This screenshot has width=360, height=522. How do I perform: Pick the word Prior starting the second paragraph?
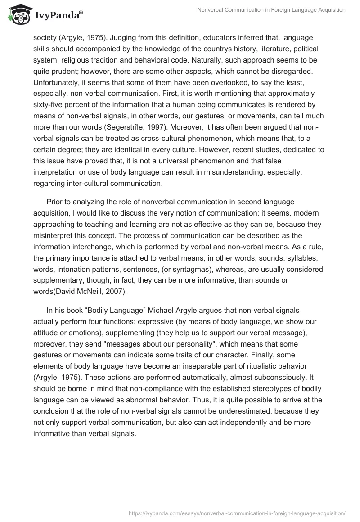(55, 202)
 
